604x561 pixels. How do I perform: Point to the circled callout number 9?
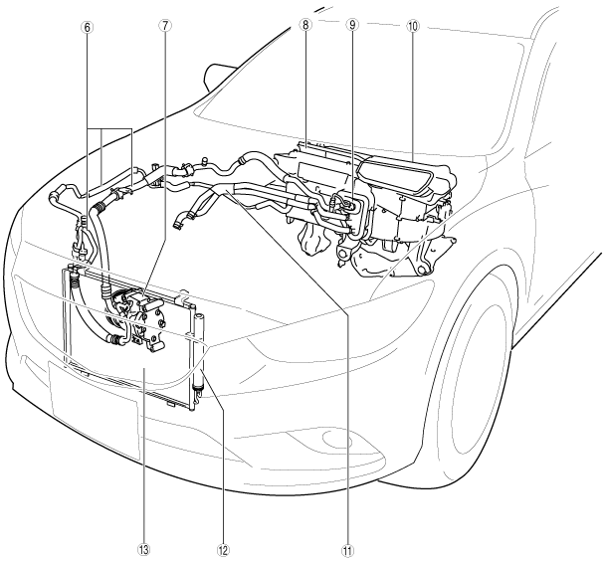(352, 26)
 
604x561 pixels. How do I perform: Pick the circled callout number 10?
(412, 25)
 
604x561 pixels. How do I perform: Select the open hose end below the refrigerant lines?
(180, 221)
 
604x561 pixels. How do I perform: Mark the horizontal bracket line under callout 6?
(109, 128)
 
